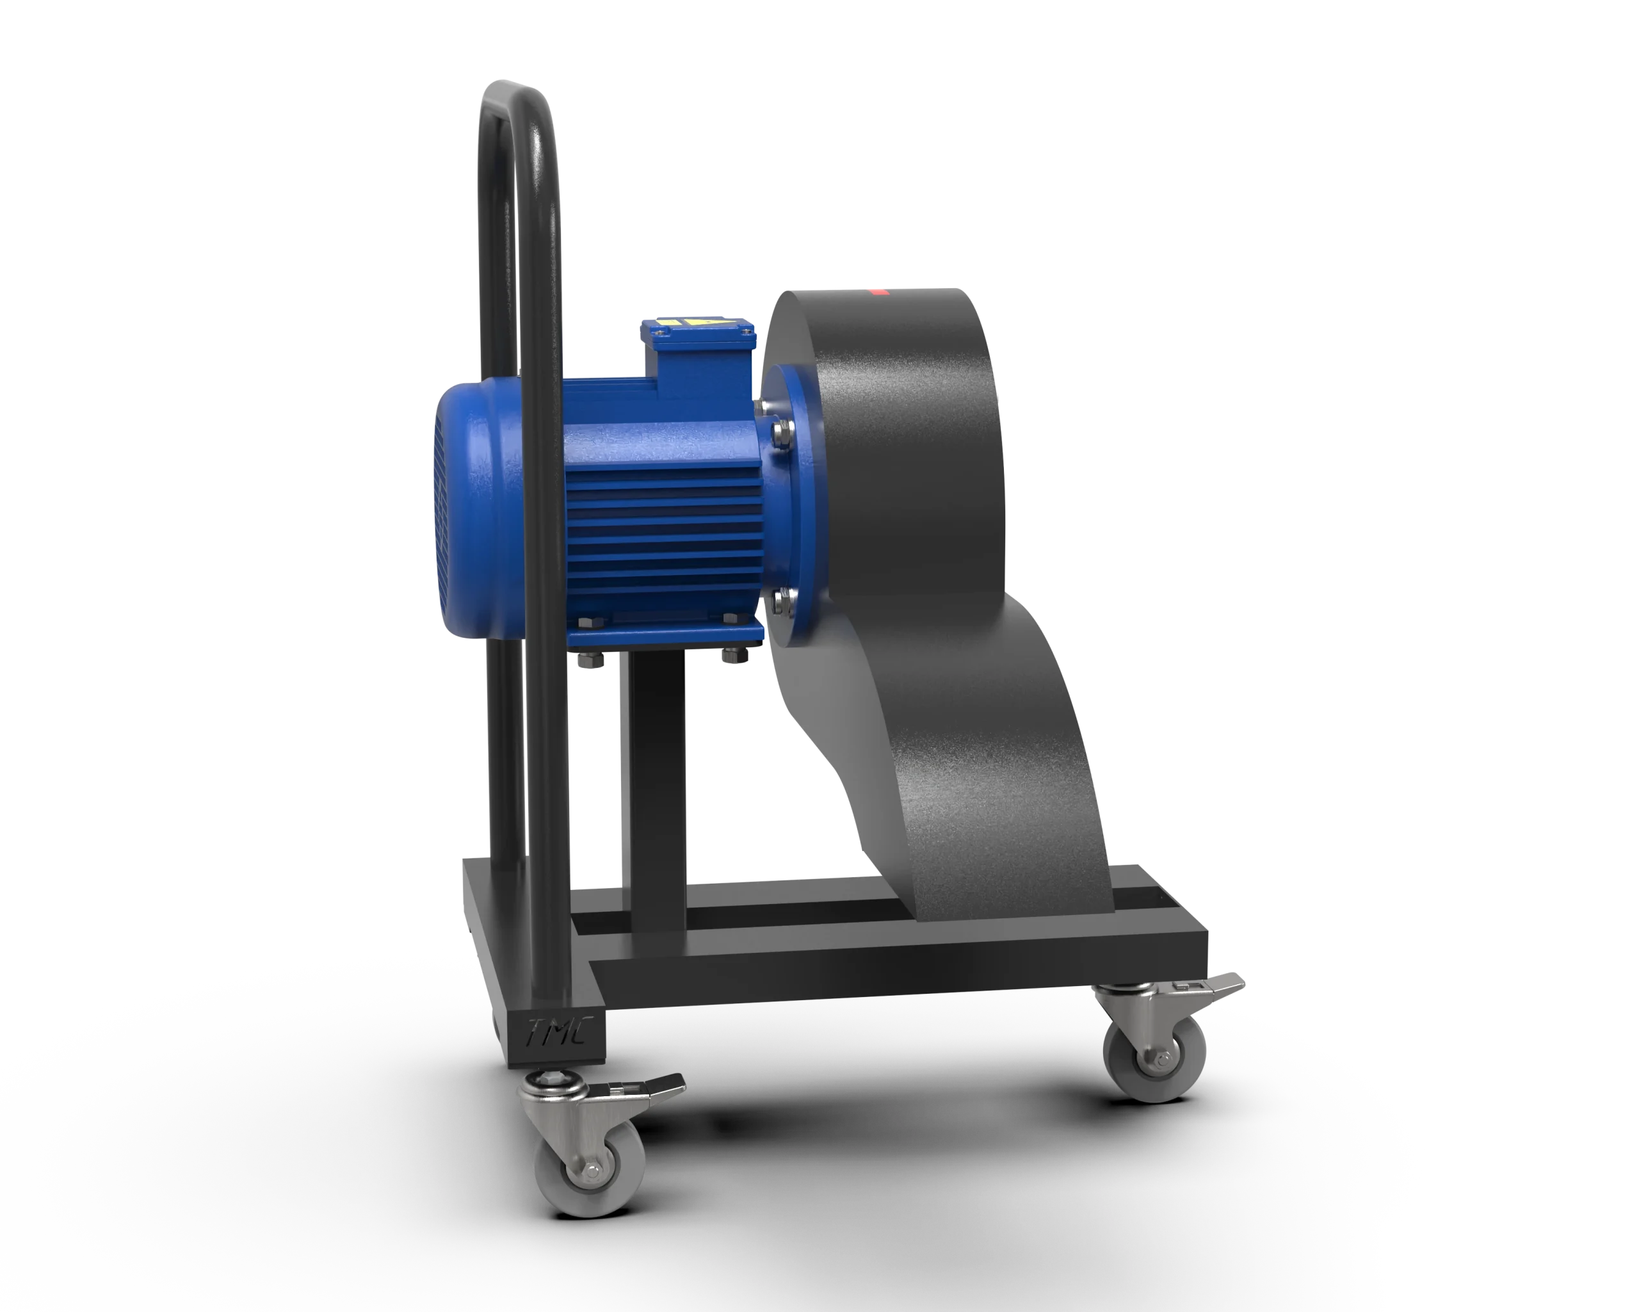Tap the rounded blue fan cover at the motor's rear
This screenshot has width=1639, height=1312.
coord(471,517)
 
